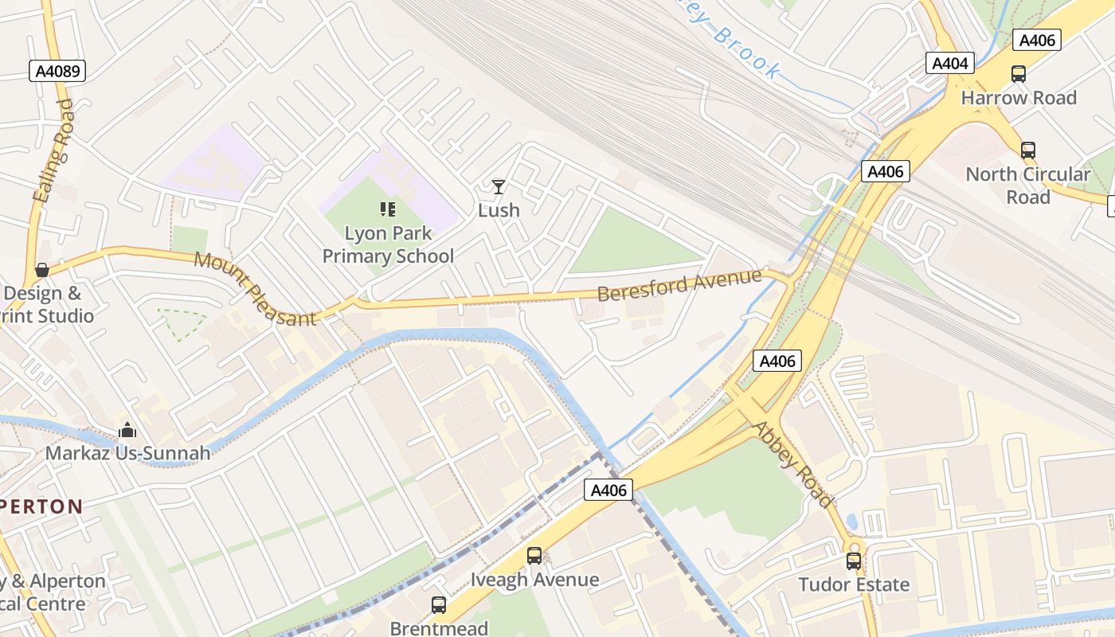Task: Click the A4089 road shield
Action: click(x=58, y=72)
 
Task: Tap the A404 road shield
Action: click(x=949, y=64)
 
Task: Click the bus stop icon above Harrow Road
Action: click(x=1018, y=74)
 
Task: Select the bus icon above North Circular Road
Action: click(x=1027, y=150)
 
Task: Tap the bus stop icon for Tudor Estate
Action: click(x=854, y=561)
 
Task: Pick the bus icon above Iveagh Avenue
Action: click(x=534, y=556)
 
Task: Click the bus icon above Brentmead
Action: click(x=439, y=605)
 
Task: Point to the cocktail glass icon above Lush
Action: click(x=499, y=187)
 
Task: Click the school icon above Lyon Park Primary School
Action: click(x=388, y=209)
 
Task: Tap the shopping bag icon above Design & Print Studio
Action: click(x=42, y=270)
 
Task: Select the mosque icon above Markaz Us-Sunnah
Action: click(x=127, y=431)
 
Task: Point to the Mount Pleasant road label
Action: click(x=255, y=288)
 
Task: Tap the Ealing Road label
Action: click(x=54, y=150)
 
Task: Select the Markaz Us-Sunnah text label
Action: click(x=127, y=453)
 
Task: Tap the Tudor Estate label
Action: click(x=854, y=584)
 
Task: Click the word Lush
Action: click(x=499, y=210)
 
